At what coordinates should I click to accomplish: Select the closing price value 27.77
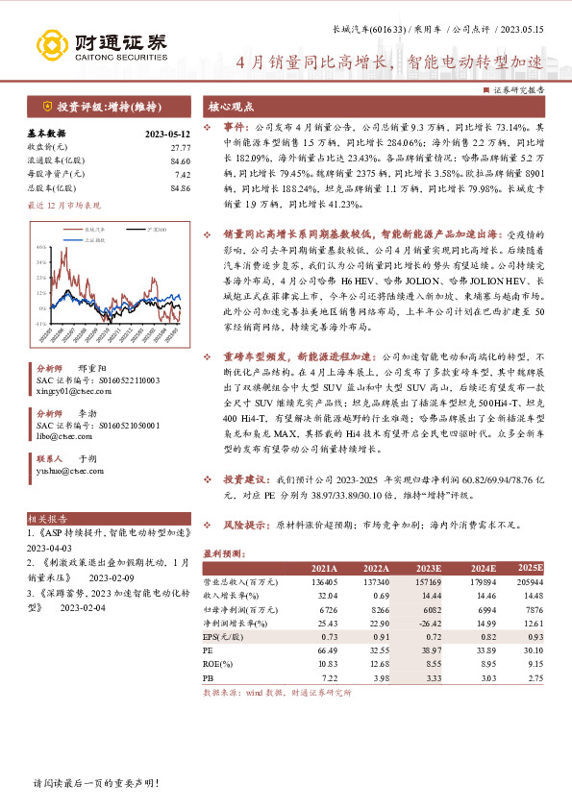tap(177, 147)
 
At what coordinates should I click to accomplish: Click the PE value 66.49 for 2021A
tap(325, 650)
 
